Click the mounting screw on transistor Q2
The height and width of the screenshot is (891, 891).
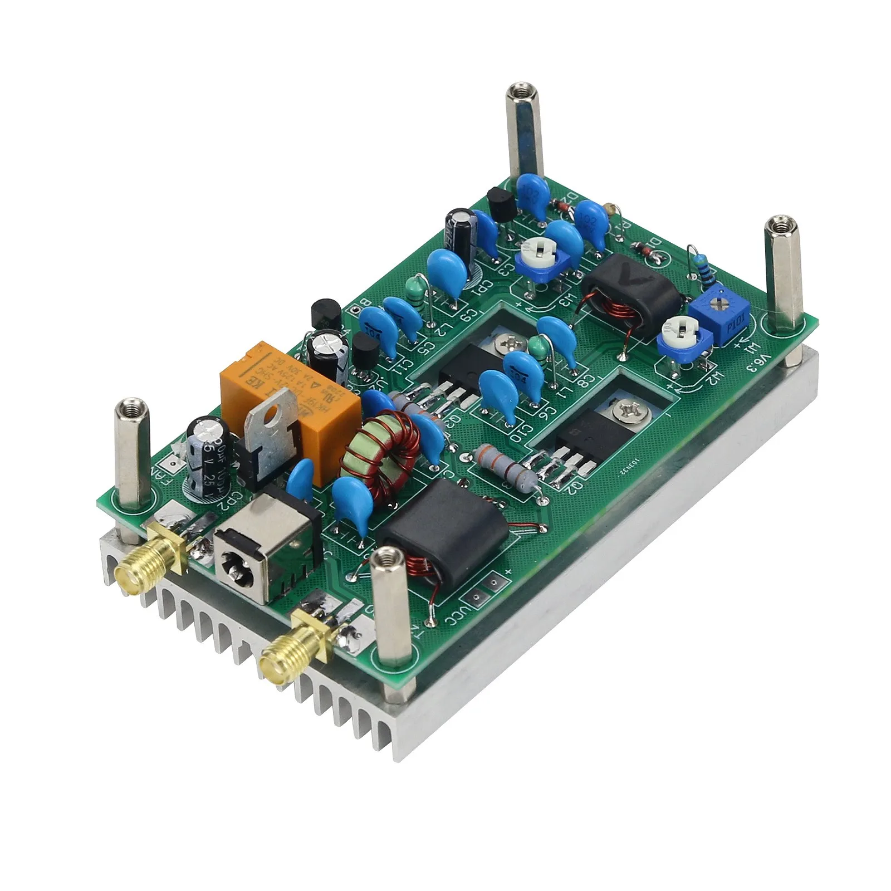pyautogui.click(x=622, y=413)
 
